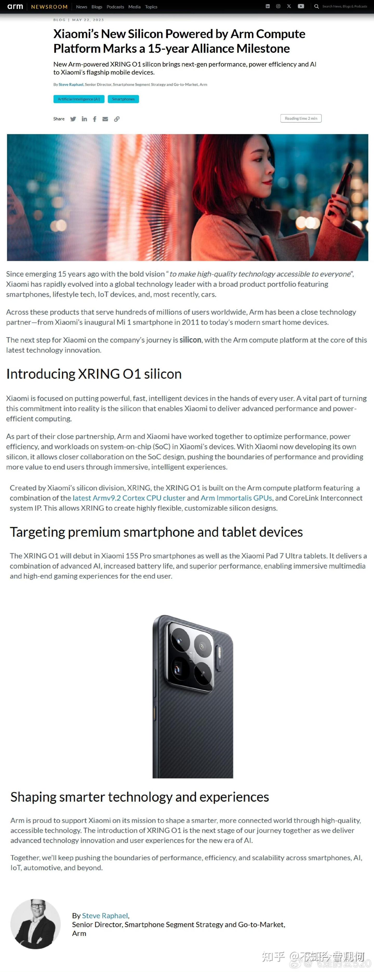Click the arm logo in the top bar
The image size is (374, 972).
15,6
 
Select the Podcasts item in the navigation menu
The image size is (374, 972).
115,7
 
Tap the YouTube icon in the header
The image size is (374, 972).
301,6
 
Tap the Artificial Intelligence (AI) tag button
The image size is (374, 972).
79,99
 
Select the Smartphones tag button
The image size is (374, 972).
123,99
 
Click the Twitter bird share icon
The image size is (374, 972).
73,119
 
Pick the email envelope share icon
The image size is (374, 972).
105,119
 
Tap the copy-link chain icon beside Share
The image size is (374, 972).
117,119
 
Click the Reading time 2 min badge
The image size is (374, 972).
301,119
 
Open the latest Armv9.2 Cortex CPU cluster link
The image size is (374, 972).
129,498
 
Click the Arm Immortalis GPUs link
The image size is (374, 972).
236,498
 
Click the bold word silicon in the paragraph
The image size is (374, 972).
190,340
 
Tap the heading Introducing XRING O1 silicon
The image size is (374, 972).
94,374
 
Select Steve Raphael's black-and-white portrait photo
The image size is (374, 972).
36,924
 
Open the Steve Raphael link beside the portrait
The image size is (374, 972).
105,916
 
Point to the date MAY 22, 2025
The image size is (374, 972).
88,20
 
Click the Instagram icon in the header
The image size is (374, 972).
278,6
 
